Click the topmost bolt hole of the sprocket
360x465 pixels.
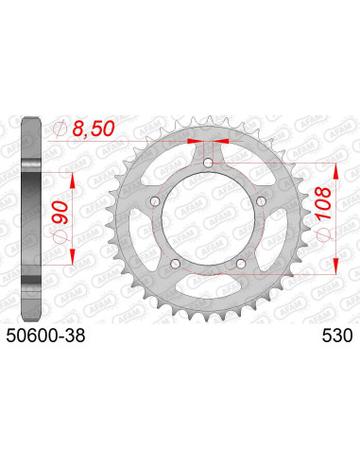pos(208,164)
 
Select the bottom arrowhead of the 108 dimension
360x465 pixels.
pos(337,271)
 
